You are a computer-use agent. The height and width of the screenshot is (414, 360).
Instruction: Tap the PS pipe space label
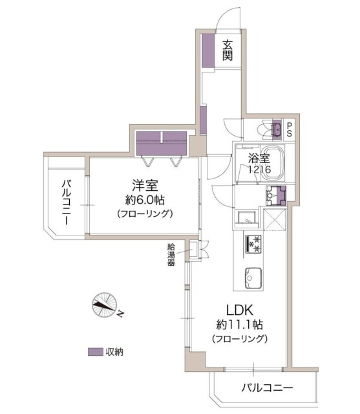pos(289,129)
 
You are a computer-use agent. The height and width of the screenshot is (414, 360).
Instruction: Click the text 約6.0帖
pos(143,199)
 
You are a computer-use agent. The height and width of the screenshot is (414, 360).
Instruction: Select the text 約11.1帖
pos(238,324)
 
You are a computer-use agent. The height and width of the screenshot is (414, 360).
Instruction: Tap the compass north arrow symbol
pos(105,305)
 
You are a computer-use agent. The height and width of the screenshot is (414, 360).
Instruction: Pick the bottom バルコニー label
pos(268,388)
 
